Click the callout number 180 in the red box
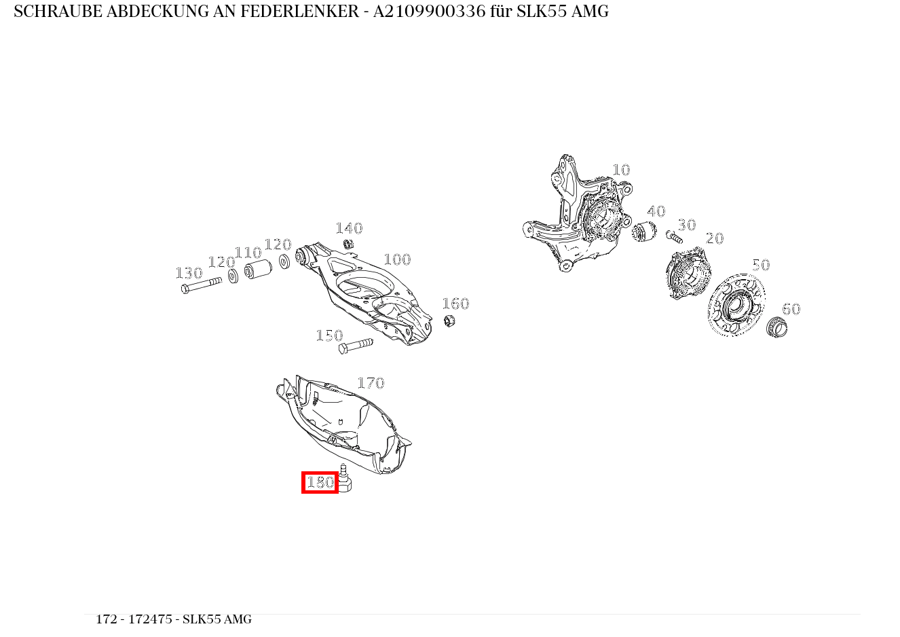click(x=320, y=483)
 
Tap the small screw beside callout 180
click(x=345, y=479)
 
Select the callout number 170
click(x=371, y=384)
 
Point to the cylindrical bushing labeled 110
click(x=258, y=269)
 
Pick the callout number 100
click(x=397, y=260)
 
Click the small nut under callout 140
click(x=349, y=244)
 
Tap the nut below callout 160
click(x=449, y=321)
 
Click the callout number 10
click(x=621, y=170)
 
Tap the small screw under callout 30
click(x=674, y=237)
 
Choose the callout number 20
click(x=715, y=239)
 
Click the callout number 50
click(x=761, y=266)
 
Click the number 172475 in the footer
click(x=150, y=619)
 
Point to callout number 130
click(x=189, y=274)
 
